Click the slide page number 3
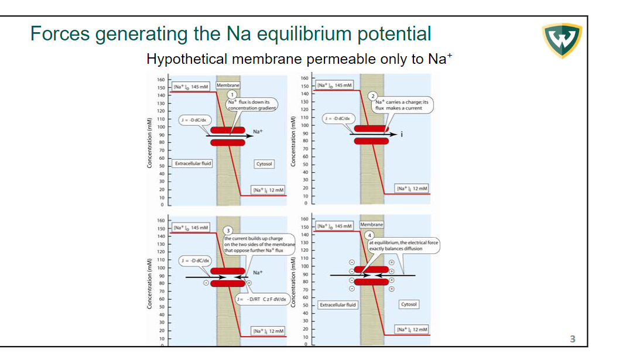573,338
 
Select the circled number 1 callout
232,94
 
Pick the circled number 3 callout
230,231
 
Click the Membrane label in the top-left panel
228,85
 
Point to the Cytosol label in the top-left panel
264,164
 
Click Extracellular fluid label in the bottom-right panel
337,305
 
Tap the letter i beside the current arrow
402,134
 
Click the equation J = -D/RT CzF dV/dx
262,299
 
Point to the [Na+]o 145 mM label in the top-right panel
334,85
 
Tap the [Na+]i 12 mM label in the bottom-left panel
268,331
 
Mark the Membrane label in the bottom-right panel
372,225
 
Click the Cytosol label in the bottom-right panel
408,304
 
